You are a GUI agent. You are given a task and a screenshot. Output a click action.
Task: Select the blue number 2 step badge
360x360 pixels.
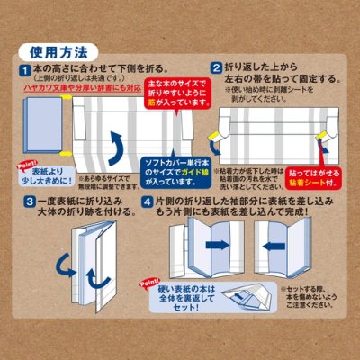[216, 67]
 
